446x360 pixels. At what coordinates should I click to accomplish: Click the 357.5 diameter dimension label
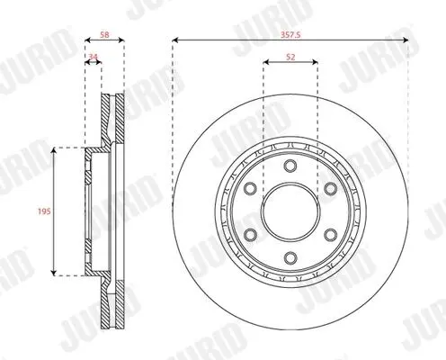(290, 35)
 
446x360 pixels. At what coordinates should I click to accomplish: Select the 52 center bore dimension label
(290, 57)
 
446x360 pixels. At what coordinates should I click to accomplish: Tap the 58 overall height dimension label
(104, 35)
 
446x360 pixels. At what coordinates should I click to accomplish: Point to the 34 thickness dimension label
(94, 57)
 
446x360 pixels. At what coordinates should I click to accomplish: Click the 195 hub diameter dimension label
(44, 211)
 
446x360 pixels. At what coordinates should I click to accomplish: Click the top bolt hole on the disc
(290, 166)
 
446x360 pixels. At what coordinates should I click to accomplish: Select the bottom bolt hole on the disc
(290, 257)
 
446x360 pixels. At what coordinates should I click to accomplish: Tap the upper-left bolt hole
(250, 188)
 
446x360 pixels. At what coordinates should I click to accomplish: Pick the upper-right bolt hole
(330, 188)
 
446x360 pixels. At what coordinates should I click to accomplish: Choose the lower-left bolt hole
(250, 234)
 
